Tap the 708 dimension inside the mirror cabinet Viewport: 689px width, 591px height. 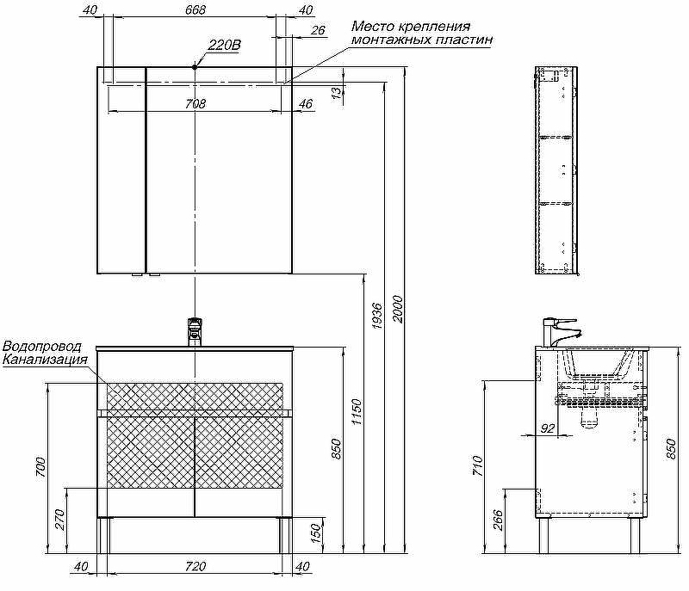click(196, 104)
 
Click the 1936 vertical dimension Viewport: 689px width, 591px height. click(377, 317)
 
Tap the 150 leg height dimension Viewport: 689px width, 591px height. click(316, 533)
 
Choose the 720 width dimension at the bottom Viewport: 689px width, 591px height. click(196, 566)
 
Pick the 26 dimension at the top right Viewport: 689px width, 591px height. click(317, 32)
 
